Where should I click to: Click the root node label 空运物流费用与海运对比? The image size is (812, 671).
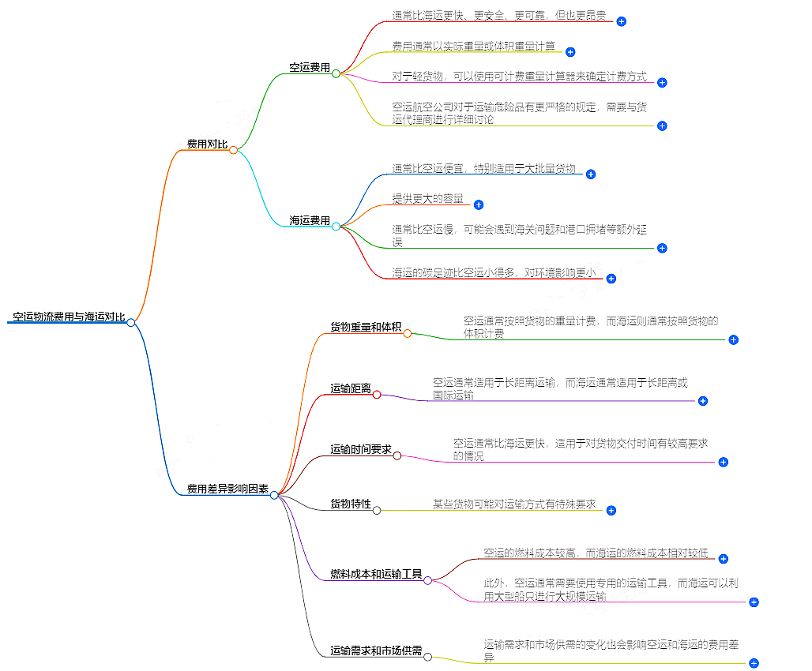(x=69, y=317)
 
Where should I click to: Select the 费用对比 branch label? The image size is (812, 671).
(x=207, y=144)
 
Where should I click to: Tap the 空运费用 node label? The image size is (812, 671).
(x=310, y=68)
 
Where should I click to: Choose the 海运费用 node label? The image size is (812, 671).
(x=310, y=221)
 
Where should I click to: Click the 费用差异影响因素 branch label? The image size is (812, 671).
(x=227, y=489)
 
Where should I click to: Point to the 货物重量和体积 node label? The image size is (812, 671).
(x=366, y=327)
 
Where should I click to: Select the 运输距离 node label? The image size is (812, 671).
(x=351, y=388)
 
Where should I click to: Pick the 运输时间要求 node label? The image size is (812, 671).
(x=361, y=449)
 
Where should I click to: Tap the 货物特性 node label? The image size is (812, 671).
(x=351, y=504)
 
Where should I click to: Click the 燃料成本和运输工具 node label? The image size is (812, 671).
(x=376, y=574)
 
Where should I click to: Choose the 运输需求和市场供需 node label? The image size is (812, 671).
(x=376, y=651)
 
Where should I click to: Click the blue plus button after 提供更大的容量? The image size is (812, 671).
(x=478, y=205)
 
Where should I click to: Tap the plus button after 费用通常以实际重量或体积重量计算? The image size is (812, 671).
(x=570, y=52)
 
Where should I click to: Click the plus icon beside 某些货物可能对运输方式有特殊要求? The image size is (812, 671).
(x=611, y=511)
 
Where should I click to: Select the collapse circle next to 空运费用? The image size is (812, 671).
(x=336, y=73)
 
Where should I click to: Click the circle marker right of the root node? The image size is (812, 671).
(x=131, y=322)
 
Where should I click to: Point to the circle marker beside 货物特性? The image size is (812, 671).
(x=377, y=510)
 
